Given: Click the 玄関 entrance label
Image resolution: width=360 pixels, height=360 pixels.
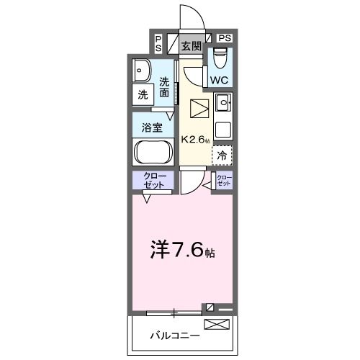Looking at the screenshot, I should coord(190,47).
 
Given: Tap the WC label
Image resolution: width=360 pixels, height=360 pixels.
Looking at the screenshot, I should coord(219,79).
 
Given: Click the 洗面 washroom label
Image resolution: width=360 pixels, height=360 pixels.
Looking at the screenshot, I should coord(165,87).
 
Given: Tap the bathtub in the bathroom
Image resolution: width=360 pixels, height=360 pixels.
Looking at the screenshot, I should coord(152,153).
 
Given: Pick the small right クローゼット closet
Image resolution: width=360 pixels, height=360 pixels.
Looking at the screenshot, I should coord(225,180).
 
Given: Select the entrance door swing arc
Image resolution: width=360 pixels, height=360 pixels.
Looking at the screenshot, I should coord(189,16).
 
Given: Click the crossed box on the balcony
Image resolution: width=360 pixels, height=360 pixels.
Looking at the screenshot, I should coord(216,325).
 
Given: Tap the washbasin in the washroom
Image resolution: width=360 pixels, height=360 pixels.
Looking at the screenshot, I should coord(140,70).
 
